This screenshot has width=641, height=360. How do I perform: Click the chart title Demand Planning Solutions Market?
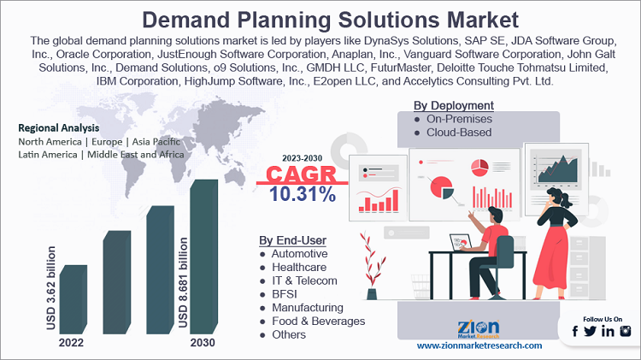click(320, 18)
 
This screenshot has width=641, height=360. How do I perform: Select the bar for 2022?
click(73, 299)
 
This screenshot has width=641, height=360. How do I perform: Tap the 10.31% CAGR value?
click(302, 194)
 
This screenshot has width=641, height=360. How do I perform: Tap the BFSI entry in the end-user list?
click(285, 293)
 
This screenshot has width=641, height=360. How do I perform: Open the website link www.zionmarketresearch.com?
click(479, 345)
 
